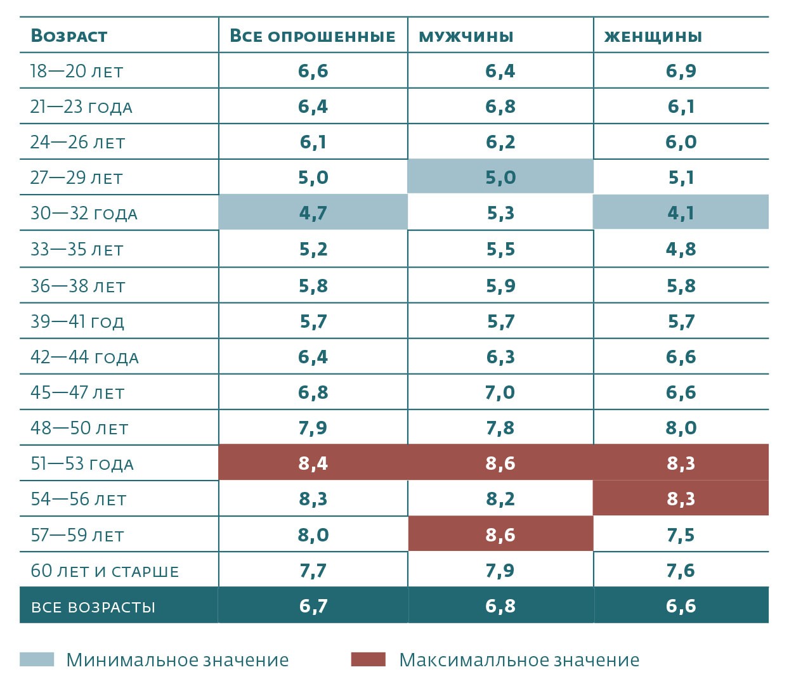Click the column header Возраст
point(69,36)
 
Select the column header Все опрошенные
point(312,36)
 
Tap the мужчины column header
point(466,36)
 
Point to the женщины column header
point(653,36)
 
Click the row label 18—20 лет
point(77,71)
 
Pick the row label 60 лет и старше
point(105,571)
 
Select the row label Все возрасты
point(93,607)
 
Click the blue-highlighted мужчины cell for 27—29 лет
point(500,178)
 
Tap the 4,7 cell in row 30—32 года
point(313,213)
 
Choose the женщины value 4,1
point(681,213)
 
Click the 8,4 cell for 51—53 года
point(313,463)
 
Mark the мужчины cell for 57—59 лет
point(500,535)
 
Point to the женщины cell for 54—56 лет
point(681,499)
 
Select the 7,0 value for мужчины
point(500,392)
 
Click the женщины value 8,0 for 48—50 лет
point(681,428)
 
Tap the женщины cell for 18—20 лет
point(681,71)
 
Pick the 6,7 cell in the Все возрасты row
point(313,606)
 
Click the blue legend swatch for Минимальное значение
point(37,659)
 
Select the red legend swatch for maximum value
point(368,659)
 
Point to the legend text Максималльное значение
point(519,660)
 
